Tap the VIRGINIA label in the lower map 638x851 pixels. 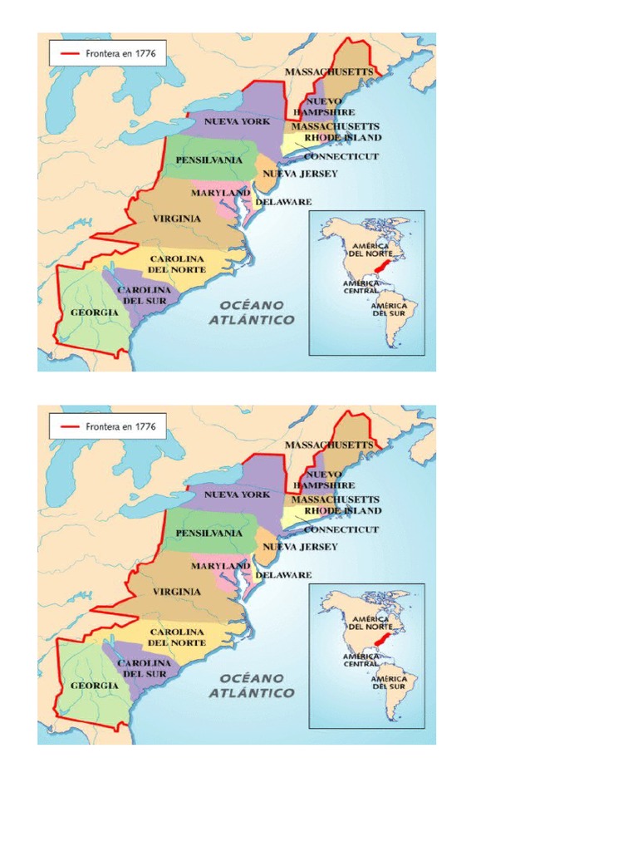[176, 591]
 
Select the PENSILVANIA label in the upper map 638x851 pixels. [209, 160]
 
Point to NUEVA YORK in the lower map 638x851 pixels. [237, 494]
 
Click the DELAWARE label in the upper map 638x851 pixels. [283, 202]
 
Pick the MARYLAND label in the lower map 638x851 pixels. [220, 565]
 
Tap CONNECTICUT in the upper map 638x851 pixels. [341, 156]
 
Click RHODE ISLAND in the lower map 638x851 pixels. [342, 510]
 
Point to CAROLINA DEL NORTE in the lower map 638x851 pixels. [176, 637]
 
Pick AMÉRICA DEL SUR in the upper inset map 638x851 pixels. [388, 309]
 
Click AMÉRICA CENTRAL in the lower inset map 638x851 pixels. [361, 659]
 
